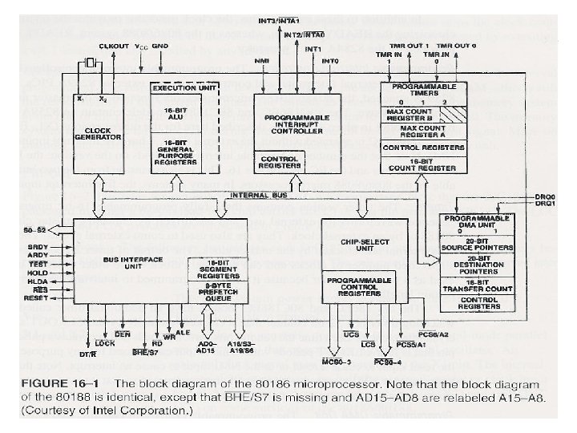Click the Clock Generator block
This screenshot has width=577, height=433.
[x=98, y=132]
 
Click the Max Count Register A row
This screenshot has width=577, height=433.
[x=422, y=130]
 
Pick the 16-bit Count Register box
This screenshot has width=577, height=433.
[x=422, y=164]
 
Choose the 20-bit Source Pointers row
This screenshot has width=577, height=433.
[x=478, y=245]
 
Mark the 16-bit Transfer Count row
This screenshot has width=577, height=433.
[x=478, y=289]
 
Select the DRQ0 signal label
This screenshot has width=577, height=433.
[x=545, y=196]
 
